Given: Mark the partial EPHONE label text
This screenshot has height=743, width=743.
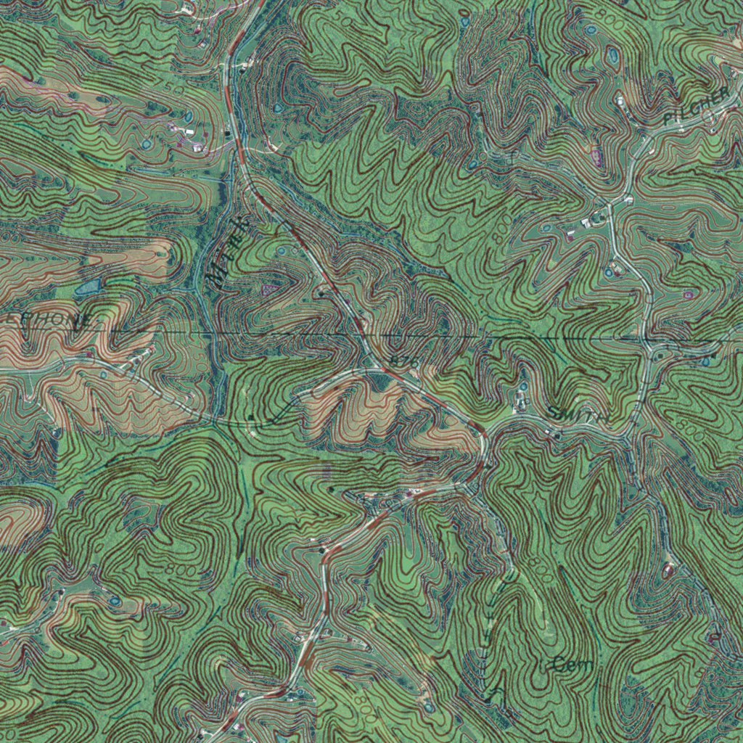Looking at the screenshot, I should point(47,319).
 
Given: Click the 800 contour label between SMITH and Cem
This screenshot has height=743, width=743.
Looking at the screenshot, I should point(541,566).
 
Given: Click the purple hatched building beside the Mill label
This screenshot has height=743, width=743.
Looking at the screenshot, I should point(270,290).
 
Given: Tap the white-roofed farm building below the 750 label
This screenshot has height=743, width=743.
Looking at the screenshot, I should point(186,132).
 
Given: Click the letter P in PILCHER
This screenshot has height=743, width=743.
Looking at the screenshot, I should point(667,116).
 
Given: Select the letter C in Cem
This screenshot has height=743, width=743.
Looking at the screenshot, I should point(557,663).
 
